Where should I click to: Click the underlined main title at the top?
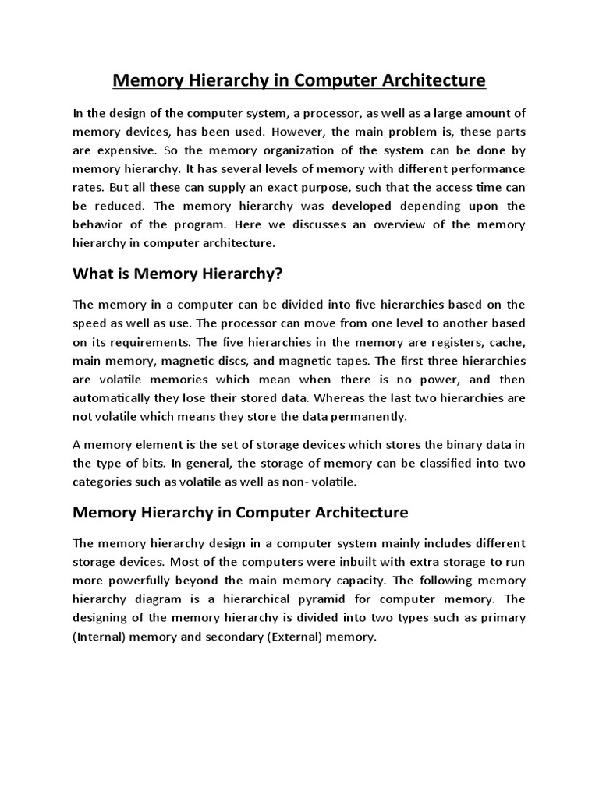coord(299,80)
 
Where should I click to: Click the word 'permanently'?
coord(371,416)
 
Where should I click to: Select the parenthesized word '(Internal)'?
coord(101,637)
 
